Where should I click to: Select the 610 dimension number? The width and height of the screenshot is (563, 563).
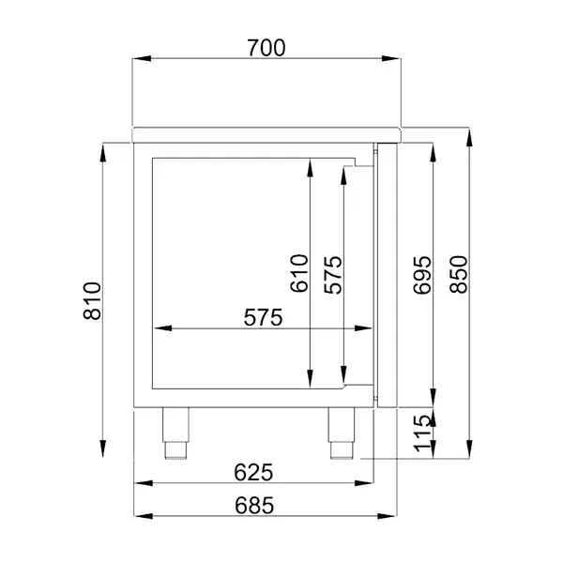coord(299,274)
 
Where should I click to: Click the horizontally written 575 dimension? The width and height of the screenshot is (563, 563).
coord(263,318)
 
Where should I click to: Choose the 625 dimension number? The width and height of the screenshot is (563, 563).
coord(253,470)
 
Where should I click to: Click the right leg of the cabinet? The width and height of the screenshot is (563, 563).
coord(340,434)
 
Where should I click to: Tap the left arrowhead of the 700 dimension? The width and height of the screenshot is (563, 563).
coord(137,58)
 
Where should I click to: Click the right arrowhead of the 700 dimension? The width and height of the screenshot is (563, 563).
coord(395,58)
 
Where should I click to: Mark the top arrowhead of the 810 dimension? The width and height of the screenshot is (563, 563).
coord(101,147)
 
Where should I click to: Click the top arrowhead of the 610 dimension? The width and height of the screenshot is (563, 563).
coord(310,166)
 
